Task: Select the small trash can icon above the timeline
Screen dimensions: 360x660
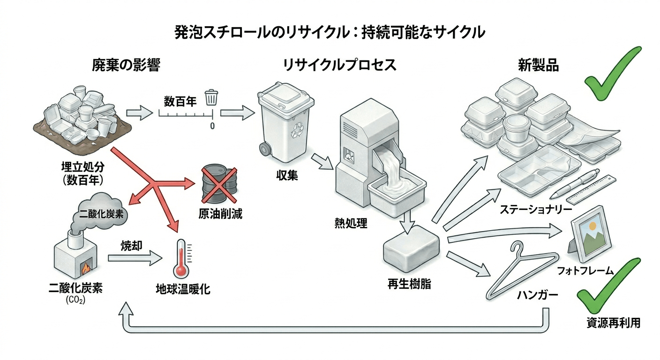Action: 211,97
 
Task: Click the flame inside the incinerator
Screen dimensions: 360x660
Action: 86,269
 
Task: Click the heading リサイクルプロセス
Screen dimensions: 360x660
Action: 339,66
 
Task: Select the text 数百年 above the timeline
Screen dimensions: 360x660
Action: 180,101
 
